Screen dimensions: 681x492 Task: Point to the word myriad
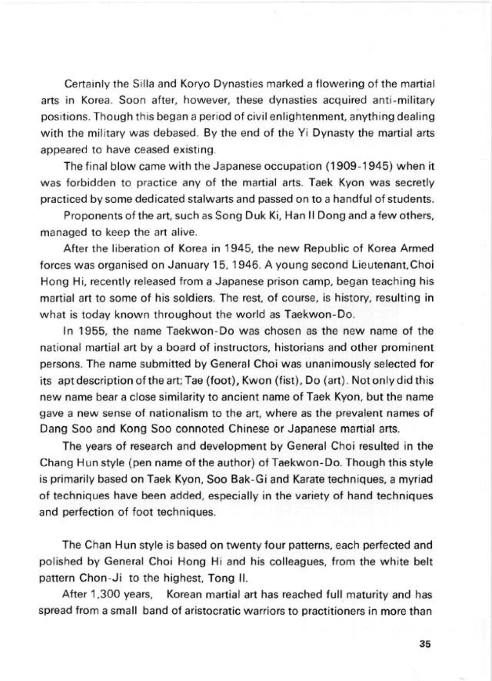[418, 480]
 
